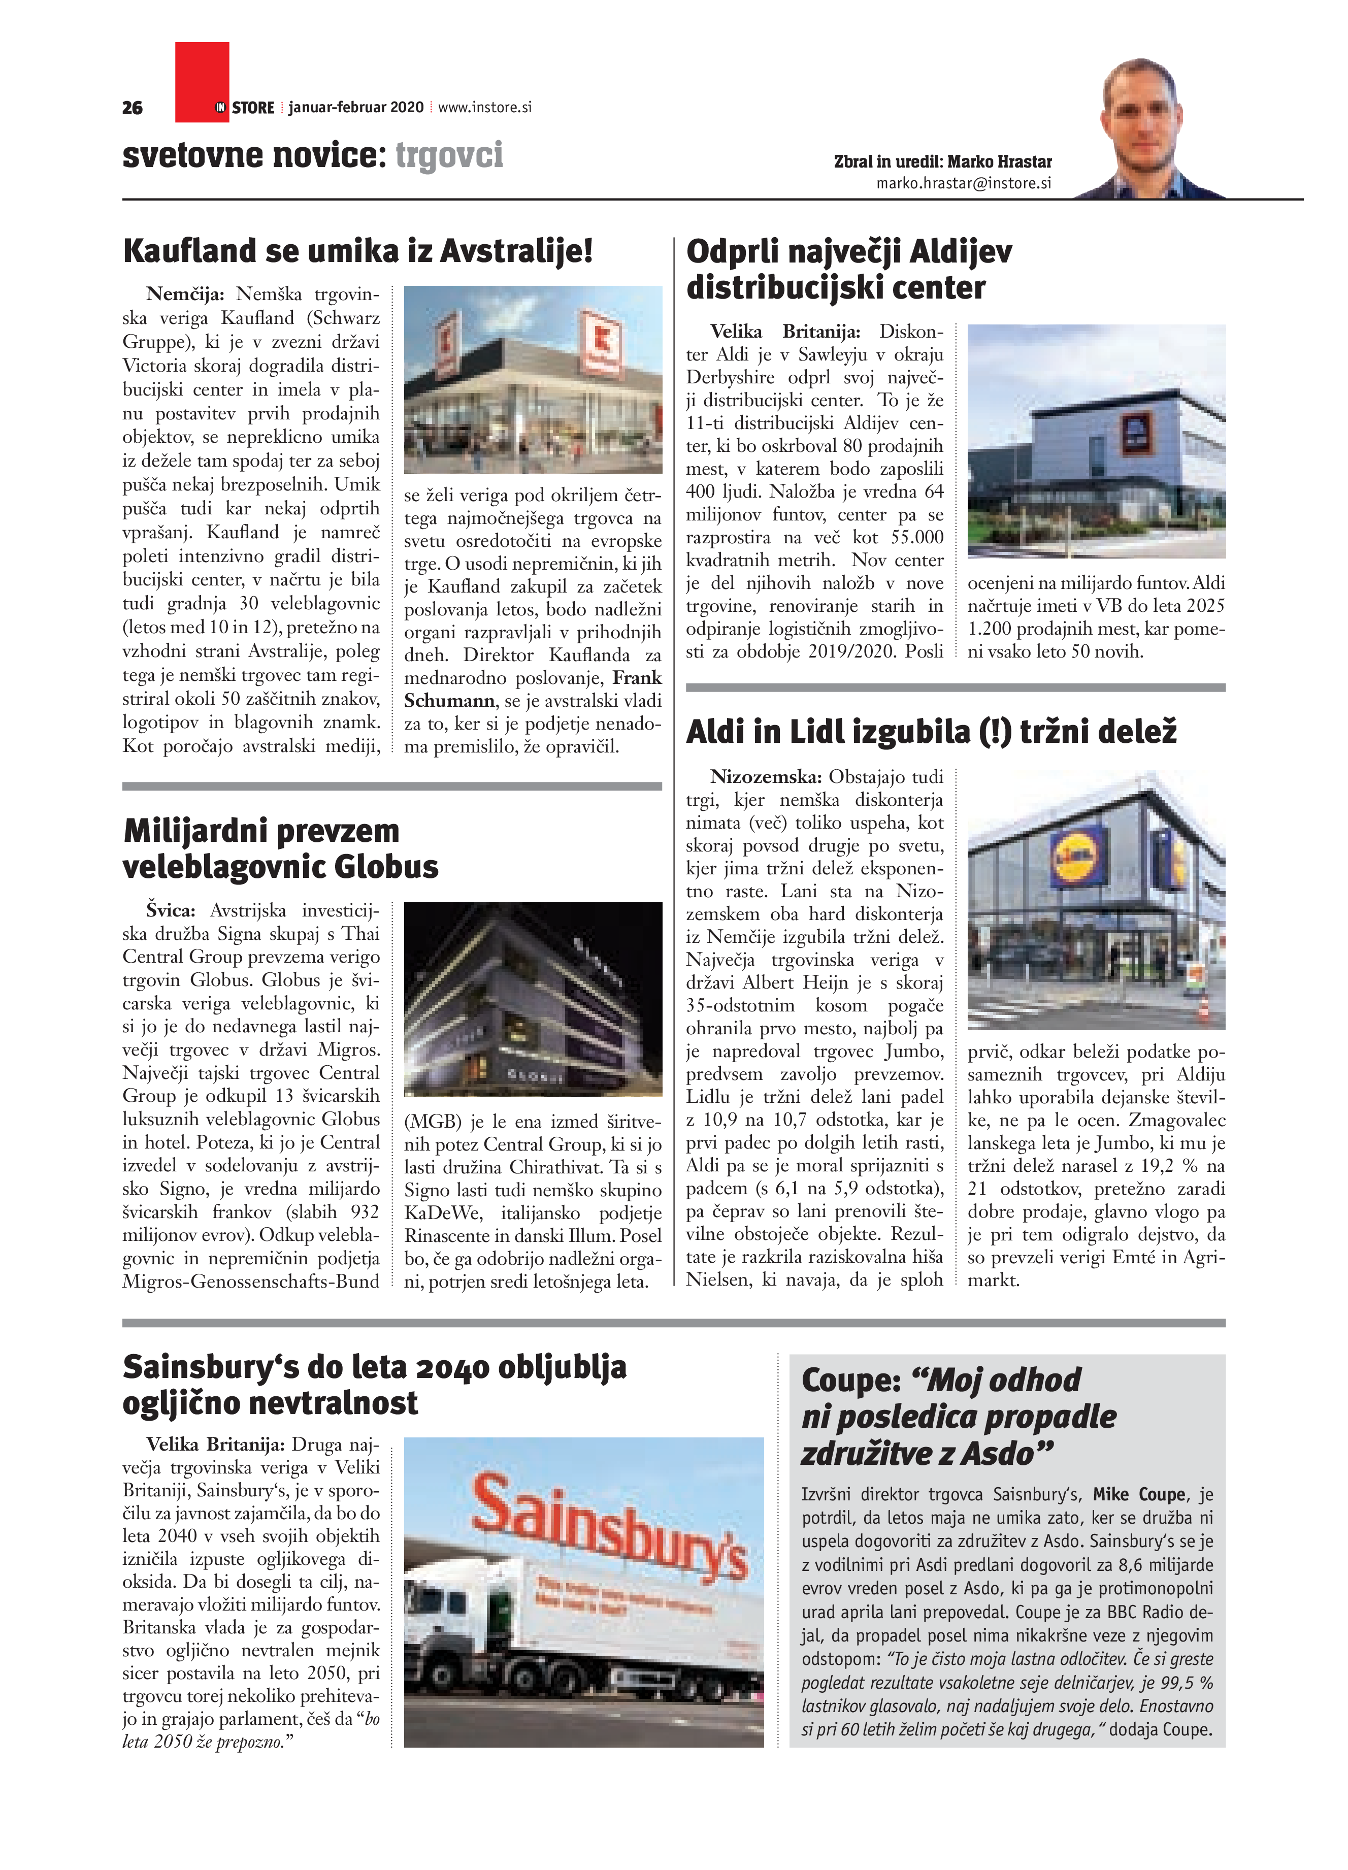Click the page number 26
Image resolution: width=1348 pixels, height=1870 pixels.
point(132,107)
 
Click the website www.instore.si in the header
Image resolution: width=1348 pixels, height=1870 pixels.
point(485,107)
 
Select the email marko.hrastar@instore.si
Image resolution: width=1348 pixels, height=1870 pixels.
point(963,183)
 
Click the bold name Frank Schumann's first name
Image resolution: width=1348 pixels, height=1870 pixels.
point(637,678)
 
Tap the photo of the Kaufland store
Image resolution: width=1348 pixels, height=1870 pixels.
point(533,379)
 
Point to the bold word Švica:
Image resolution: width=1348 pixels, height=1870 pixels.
point(171,910)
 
